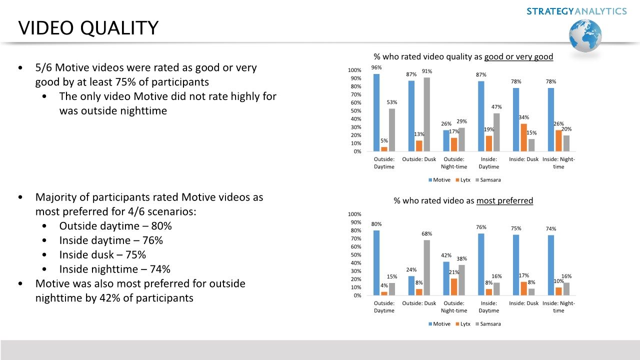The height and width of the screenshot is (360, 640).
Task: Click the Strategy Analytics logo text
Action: pos(576,11)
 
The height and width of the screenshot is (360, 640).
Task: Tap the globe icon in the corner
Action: pos(585,36)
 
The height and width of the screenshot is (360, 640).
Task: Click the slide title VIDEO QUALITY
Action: pos(88,28)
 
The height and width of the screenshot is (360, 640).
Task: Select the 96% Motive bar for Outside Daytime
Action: pos(376,112)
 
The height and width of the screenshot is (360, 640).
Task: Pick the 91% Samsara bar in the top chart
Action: pos(426,114)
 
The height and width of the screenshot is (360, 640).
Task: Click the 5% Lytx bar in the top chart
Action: pos(384,149)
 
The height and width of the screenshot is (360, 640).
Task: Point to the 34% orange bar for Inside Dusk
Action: pos(523,137)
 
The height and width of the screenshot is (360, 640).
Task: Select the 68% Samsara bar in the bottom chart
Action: pos(426,268)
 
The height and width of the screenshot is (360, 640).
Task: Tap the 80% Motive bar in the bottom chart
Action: pos(376,263)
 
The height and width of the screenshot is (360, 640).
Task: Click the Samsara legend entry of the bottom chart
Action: pos(488,324)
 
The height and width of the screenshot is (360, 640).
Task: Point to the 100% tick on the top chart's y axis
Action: pos(354,70)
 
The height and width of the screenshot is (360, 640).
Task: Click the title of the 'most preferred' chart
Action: pos(463,201)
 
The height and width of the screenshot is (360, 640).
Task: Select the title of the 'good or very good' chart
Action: pos(463,57)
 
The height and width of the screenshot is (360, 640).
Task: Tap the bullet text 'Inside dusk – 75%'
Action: pos(102,255)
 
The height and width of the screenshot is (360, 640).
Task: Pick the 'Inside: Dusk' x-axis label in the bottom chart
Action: pos(523,303)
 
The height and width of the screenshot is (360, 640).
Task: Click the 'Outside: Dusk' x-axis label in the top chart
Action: pos(419,159)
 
